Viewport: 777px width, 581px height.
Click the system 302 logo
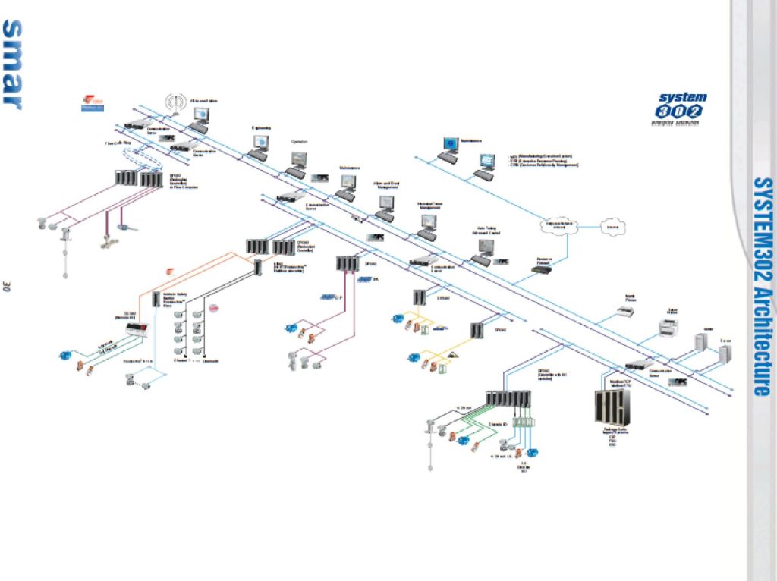pos(680,107)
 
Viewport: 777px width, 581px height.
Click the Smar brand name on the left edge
pos(12,64)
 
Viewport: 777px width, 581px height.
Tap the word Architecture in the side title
pos(763,342)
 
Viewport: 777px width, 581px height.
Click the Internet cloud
pos(611,226)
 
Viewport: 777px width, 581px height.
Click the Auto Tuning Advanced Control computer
pos(485,247)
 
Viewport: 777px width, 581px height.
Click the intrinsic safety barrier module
pos(156,299)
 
